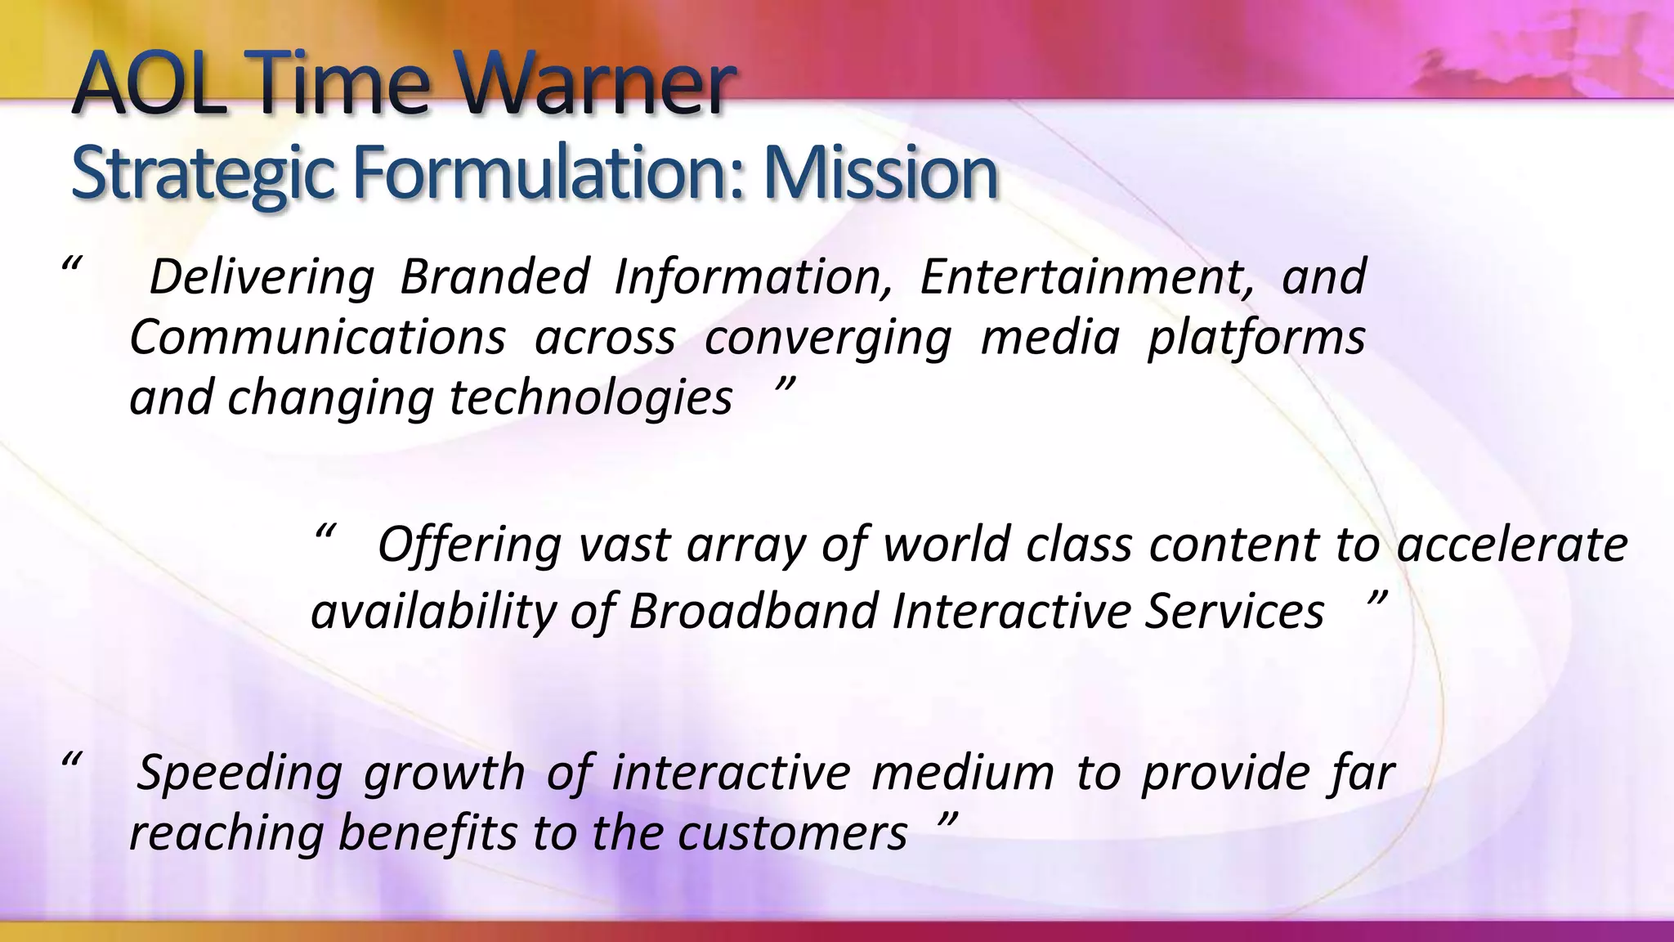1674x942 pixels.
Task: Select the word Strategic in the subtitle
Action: (x=203, y=173)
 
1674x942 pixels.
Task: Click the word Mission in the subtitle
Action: (x=880, y=173)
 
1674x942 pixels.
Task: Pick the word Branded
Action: (x=495, y=276)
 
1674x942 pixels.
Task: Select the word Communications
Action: (x=317, y=337)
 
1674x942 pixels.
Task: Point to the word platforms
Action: (x=1256, y=339)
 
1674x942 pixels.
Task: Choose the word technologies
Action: (x=591, y=399)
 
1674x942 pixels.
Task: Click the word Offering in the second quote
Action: (x=469, y=546)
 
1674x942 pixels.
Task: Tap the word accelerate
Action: (x=1512, y=545)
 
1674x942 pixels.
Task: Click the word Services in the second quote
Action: (x=1234, y=611)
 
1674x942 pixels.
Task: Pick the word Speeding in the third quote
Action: (x=239, y=774)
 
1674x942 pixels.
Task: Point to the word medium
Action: (x=963, y=772)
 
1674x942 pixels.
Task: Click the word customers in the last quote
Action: (x=792, y=833)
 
